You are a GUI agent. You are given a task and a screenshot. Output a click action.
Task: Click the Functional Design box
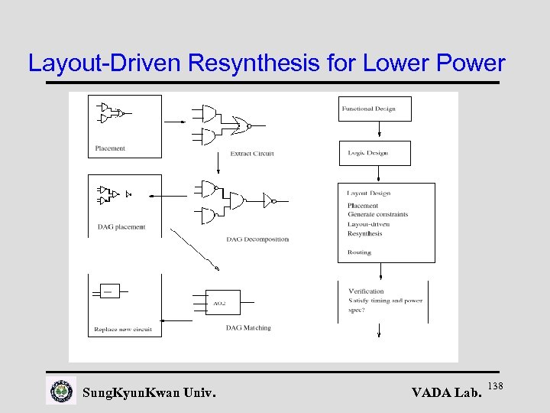point(374,109)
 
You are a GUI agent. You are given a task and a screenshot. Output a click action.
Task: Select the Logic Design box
point(374,153)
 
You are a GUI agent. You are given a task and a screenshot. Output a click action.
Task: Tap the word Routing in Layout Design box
point(359,252)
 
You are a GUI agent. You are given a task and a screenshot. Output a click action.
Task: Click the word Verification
point(366,291)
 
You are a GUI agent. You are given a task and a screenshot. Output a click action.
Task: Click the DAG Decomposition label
point(257,239)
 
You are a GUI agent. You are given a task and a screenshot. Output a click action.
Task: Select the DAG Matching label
point(248,328)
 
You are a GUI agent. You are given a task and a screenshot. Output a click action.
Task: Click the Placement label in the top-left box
point(110,148)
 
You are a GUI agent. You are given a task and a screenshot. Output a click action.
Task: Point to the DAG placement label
point(121,227)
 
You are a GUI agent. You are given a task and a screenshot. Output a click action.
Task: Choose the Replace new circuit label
point(123,330)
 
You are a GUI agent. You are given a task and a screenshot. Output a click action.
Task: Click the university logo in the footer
point(61,392)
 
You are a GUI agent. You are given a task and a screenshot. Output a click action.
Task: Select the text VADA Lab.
point(447,393)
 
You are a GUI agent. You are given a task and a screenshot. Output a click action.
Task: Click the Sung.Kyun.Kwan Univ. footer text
point(149,393)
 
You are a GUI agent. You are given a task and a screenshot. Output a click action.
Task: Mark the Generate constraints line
point(378,215)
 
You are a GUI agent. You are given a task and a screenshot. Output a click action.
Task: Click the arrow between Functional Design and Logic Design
point(374,131)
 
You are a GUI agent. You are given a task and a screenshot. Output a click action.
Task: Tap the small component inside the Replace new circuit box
point(110,291)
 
